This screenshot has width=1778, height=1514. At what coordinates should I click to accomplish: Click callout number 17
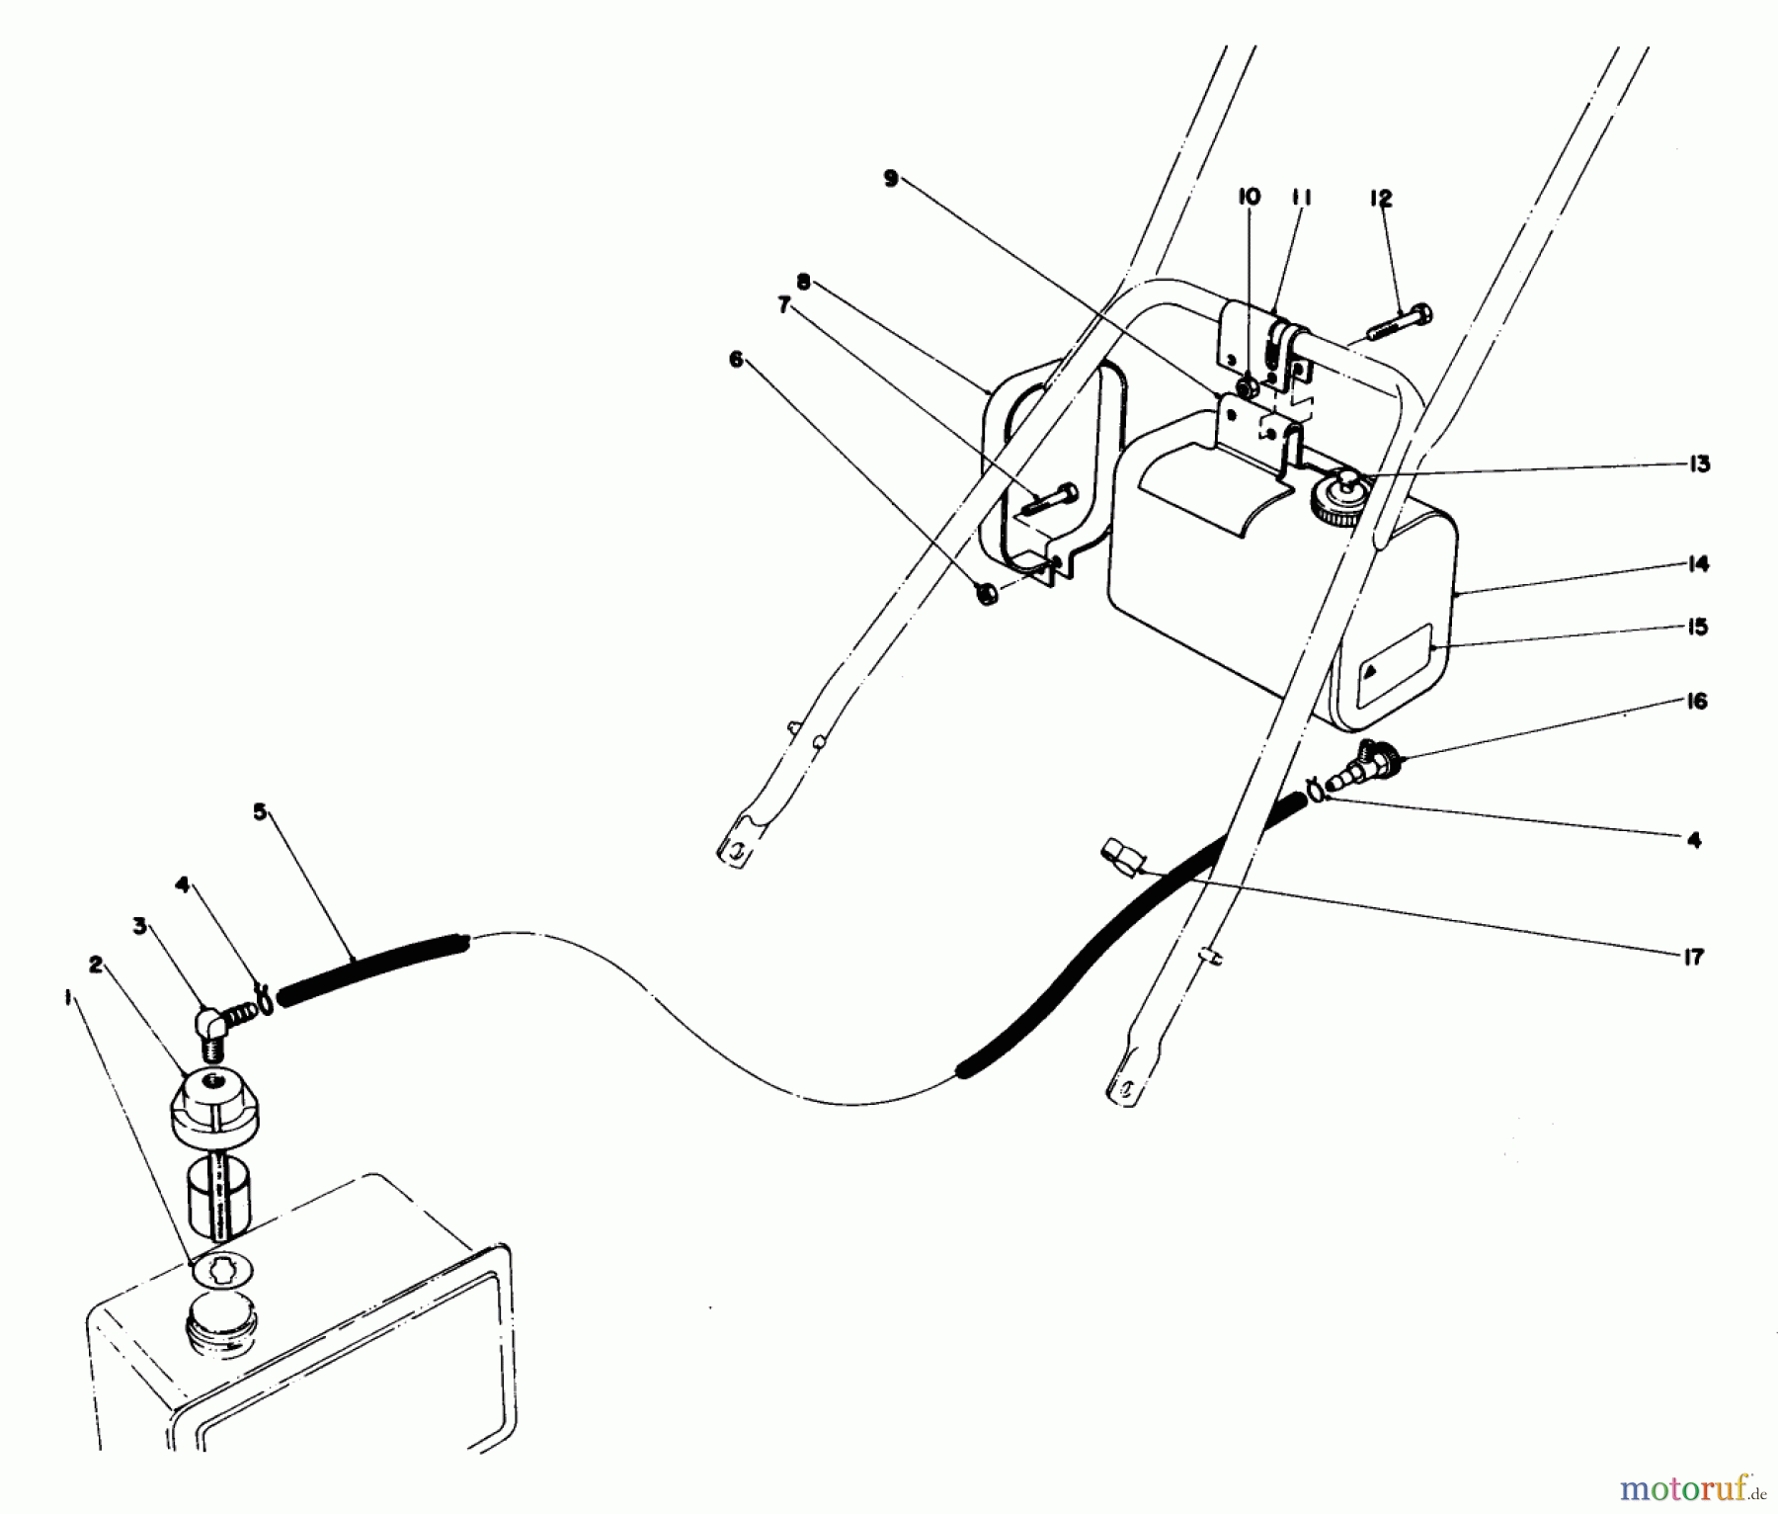[x=1696, y=956]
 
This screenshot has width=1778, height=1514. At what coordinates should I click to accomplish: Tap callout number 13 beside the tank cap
[x=1698, y=463]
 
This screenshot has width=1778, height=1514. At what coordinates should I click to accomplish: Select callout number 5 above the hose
[x=260, y=812]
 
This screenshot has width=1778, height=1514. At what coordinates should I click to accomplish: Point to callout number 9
[x=891, y=180]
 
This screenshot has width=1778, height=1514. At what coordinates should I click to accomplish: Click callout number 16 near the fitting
[x=1697, y=701]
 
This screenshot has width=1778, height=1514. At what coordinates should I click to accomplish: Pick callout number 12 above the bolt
[x=1380, y=200]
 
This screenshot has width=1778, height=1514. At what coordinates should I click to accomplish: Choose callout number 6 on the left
[x=735, y=360]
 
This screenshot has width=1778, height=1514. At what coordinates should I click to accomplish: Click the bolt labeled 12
[x=1400, y=323]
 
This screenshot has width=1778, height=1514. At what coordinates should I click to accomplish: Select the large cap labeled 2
[x=209, y=1105]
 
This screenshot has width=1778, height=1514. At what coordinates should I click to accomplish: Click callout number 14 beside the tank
[x=1698, y=564]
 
